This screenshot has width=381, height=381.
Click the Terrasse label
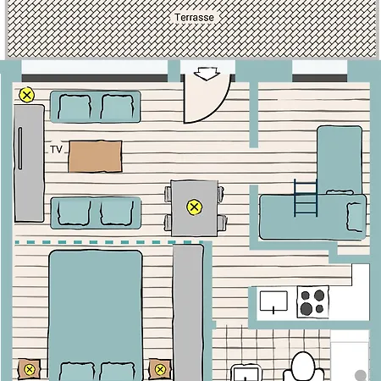click(194, 18)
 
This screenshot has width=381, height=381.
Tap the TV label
click(56, 149)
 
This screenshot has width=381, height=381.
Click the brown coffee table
click(96, 157)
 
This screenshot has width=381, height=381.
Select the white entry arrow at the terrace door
click(207, 74)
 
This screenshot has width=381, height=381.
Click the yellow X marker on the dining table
click(194, 207)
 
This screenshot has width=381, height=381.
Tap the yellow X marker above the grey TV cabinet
click(27, 95)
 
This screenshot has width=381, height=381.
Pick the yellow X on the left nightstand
click(29, 369)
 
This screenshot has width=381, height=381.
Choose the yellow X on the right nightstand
click(160, 369)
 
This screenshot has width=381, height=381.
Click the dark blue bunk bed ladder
click(306, 198)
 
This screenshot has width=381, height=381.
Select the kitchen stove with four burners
click(312, 302)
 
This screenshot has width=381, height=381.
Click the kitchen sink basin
click(273, 301)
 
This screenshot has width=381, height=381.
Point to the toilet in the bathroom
click(304, 367)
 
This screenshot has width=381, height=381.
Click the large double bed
click(96, 316)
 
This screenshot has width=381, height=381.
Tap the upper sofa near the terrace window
click(96, 107)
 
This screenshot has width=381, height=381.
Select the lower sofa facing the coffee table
click(96, 213)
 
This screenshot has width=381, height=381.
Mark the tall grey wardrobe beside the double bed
click(188, 312)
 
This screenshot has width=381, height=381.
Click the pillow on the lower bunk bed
click(355, 217)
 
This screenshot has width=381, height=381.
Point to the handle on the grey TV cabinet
click(20, 148)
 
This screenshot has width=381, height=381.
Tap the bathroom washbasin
click(245, 373)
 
